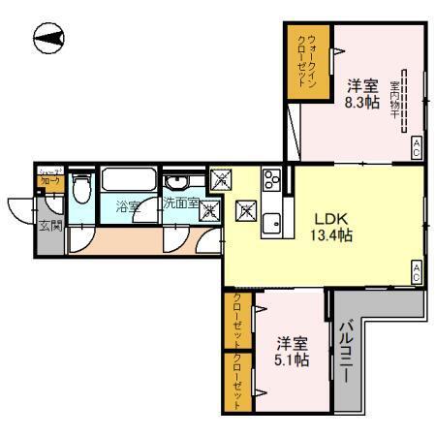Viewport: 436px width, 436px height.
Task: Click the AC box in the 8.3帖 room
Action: [x=417, y=146]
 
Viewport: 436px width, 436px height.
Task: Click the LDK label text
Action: [x=326, y=219]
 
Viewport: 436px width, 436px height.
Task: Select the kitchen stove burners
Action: [x=270, y=180]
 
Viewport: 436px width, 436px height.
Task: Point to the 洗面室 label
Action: [x=180, y=204]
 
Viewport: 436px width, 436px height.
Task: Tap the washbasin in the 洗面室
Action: [x=177, y=184]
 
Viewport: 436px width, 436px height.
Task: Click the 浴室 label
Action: [x=128, y=205]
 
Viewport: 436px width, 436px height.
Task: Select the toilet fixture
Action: [x=82, y=190]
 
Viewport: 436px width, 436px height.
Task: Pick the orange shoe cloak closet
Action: [x=49, y=178]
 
